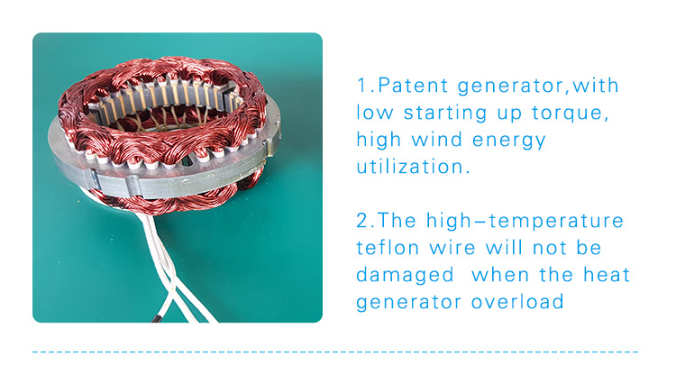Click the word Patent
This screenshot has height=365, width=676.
[413, 86]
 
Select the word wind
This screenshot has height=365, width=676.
[437, 140]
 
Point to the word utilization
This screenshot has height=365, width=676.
[413, 167]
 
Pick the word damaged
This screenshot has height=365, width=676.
[406, 276]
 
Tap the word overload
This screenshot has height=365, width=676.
[517, 301]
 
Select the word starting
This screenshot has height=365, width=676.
[445, 114]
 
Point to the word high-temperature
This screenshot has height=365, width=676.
[525, 222]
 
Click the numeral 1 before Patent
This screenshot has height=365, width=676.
[361, 86]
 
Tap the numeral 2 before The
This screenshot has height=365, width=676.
[362, 220]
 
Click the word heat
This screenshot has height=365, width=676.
[607, 275]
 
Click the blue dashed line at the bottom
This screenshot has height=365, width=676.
[335, 352]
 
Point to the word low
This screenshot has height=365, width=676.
[375, 113]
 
